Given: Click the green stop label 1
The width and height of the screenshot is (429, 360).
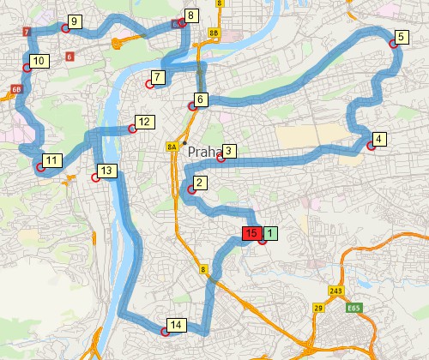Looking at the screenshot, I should pyautogui.click(x=270, y=232).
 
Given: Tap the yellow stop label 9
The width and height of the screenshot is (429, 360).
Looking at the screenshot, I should pyautogui.click(x=75, y=21).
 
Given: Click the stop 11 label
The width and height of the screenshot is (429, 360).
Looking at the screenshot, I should pyautogui.click(x=52, y=159).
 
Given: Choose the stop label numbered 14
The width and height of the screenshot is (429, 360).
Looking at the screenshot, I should pyautogui.click(x=175, y=325).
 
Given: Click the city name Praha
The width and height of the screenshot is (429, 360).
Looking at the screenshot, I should pyautogui.click(x=205, y=151).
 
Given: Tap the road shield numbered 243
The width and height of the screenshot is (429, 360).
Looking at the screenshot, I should pyautogui.click(x=335, y=291).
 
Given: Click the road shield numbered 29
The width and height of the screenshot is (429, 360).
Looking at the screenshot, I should pyautogui.click(x=317, y=308).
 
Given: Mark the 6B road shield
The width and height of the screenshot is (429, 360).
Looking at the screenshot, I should pyautogui.click(x=16, y=88).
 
